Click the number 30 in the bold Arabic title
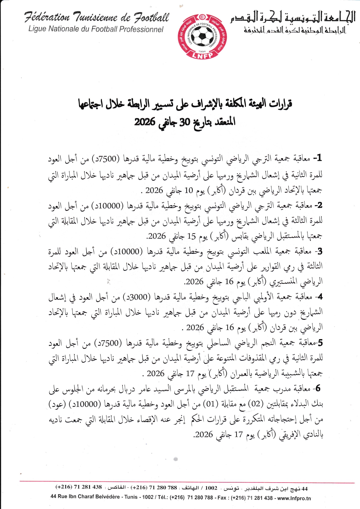184,122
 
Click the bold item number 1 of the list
319,158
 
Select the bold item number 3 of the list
320,251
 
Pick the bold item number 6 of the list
318,388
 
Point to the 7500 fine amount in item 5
108,343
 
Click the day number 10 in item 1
189,190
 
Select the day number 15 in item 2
191,236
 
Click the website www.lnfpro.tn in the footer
294,498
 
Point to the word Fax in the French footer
222,497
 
